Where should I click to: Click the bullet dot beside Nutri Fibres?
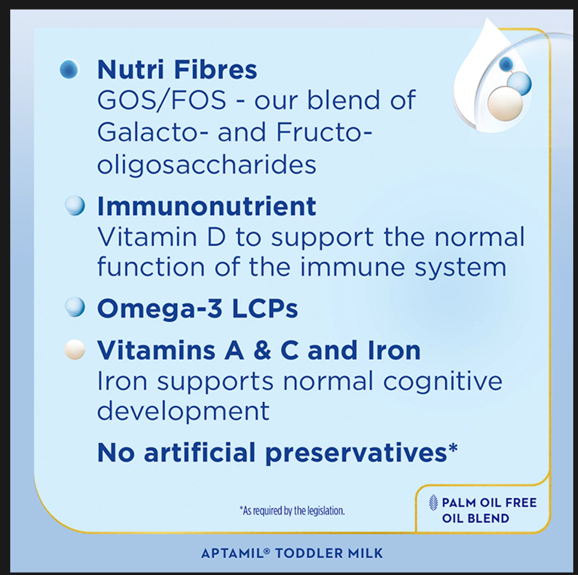pyautogui.click(x=69, y=69)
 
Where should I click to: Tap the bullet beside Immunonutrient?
pyautogui.click(x=75, y=205)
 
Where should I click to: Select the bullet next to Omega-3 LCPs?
pyautogui.click(x=75, y=307)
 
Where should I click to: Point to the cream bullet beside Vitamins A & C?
pyautogui.click(x=75, y=349)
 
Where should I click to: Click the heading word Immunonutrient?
pyautogui.click(x=207, y=206)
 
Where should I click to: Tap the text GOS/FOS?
pyautogui.click(x=162, y=100)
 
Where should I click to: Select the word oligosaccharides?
pyautogui.click(x=207, y=164)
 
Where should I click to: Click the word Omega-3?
pyautogui.click(x=159, y=308)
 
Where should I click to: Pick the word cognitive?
pyautogui.click(x=443, y=382)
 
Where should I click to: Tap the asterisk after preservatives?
pyautogui.click(x=453, y=448)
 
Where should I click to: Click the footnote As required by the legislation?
pyautogui.click(x=292, y=511)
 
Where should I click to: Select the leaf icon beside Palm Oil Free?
pyautogui.click(x=434, y=503)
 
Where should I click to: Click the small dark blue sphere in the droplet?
pyautogui.click(x=506, y=63)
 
